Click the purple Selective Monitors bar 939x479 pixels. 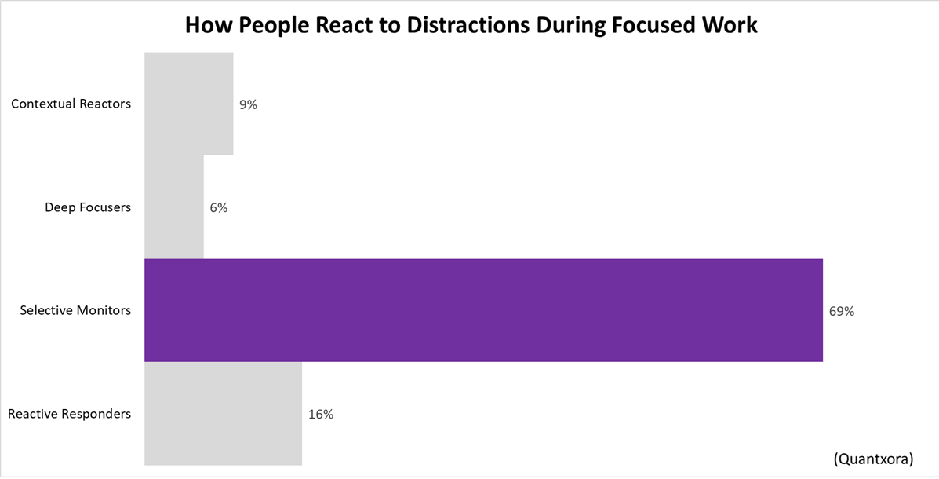483,310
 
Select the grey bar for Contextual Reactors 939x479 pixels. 188,104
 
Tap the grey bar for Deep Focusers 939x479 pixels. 174,207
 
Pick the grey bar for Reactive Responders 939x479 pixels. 223,413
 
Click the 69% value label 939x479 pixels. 841,311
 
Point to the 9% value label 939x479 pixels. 248,104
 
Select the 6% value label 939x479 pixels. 219,208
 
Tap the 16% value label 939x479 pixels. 321,414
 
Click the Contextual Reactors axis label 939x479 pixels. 71,104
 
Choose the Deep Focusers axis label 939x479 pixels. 88,207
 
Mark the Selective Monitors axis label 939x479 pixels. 75,310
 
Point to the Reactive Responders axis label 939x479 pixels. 69,413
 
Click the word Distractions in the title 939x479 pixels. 449,25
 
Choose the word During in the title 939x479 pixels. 560,25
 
